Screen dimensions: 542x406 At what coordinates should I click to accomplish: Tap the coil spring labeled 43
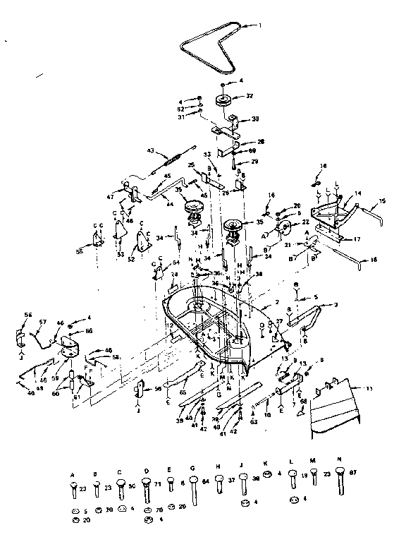pos(171,158)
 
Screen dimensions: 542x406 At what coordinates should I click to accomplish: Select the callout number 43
pos(149,150)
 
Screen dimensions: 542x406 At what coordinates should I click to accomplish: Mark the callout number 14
pos(357,192)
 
